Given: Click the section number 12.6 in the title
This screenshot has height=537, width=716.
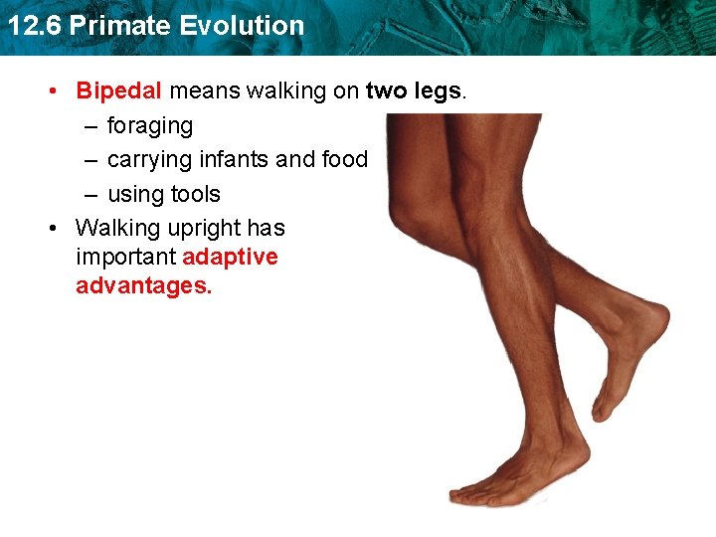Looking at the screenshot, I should click(x=34, y=26).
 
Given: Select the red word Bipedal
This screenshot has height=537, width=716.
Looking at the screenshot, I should click(x=118, y=91).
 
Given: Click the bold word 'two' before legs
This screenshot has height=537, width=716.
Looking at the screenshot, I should click(x=386, y=91).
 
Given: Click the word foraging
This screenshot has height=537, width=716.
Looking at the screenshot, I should click(x=150, y=126).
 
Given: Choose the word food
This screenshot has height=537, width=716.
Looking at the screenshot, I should click(x=344, y=160).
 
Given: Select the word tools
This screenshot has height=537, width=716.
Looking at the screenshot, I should click(x=195, y=194).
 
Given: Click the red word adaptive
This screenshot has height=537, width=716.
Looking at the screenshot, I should click(x=230, y=258).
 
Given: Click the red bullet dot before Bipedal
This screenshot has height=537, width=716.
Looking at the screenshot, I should click(x=55, y=91).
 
